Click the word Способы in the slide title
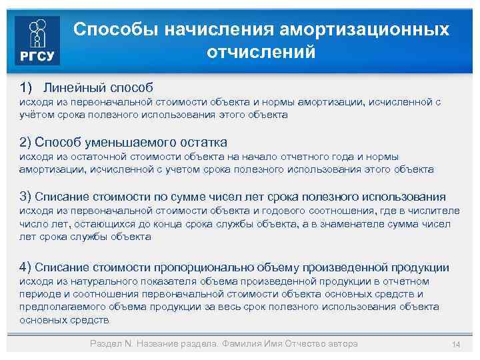pyautogui.click(x=107, y=30)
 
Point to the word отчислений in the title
pyautogui.click(x=261, y=52)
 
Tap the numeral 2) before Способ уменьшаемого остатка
pyautogui.click(x=26, y=142)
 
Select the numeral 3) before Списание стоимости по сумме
pyautogui.click(x=26, y=197)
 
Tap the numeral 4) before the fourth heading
pyautogui.click(x=26, y=267)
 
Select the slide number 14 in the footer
pyautogui.click(x=456, y=344)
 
